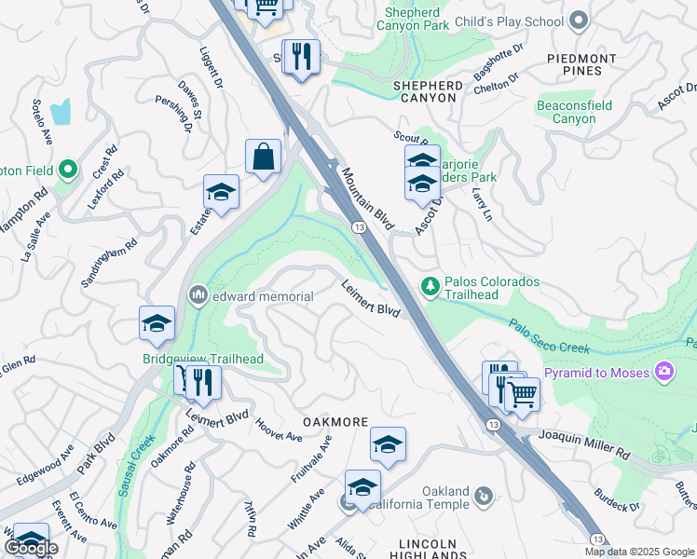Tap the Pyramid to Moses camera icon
(664, 372)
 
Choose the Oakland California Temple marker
(483, 497)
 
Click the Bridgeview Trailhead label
(203, 359)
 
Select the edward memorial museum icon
(198, 295)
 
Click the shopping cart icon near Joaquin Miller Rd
(522, 394)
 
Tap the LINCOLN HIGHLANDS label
(428, 550)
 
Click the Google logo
(32, 548)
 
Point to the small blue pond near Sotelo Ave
(61, 112)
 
